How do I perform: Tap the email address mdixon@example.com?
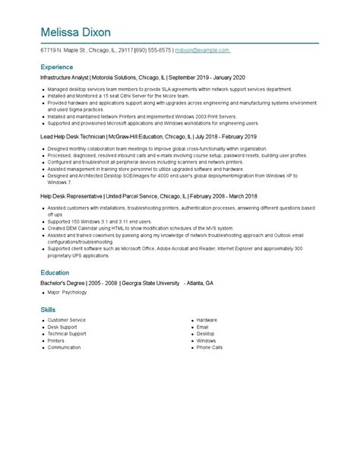click(202, 50)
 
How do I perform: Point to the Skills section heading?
click(48, 309)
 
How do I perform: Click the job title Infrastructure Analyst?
click(65, 78)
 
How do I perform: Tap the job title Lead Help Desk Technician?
click(73, 137)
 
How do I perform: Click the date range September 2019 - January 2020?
click(207, 78)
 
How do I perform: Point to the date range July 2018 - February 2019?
click(226, 137)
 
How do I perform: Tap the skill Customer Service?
click(67, 320)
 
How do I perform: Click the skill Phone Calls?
click(209, 347)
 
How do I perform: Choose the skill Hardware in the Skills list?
click(207, 320)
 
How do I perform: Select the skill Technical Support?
click(67, 334)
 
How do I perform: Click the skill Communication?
click(64, 347)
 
